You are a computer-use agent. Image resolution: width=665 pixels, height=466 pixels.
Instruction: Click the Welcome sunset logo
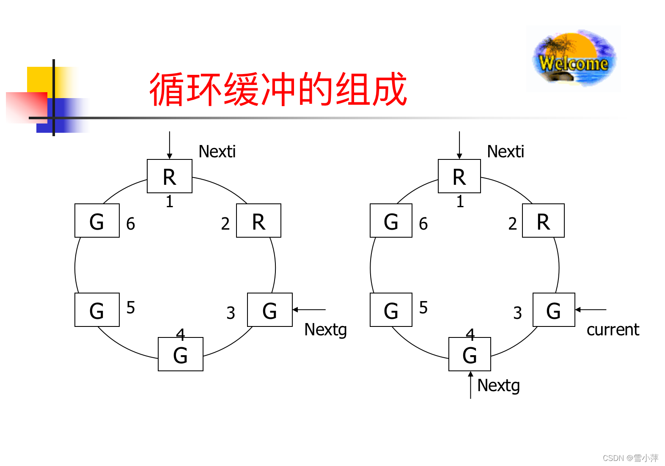pyautogui.click(x=574, y=58)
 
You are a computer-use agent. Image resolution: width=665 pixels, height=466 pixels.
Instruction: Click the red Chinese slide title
pyautogui.click(x=278, y=89)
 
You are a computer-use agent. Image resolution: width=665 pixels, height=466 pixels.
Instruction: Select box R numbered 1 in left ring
pyautogui.click(x=169, y=176)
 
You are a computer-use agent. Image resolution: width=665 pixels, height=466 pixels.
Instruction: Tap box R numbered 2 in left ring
pyautogui.click(x=258, y=221)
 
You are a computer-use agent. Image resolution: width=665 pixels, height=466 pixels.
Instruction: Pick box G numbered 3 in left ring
pyautogui.click(x=269, y=310)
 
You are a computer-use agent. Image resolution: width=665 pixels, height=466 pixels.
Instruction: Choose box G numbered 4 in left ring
pyautogui.click(x=180, y=354)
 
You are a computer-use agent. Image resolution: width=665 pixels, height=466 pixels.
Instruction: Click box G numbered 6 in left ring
pyautogui.click(x=97, y=221)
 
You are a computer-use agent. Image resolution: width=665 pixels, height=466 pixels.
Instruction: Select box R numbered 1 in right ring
pyautogui.click(x=459, y=176)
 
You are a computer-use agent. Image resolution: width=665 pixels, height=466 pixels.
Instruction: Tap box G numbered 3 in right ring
pyautogui.click(x=553, y=310)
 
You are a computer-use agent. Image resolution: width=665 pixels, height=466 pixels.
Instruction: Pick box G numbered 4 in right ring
pyautogui.click(x=470, y=354)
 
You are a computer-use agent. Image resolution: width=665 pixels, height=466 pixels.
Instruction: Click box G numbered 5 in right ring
pyautogui.click(x=391, y=310)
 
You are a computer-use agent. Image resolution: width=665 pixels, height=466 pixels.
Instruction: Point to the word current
pyautogui.click(x=613, y=330)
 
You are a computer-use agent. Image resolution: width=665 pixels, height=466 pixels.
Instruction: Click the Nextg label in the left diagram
pyautogui.click(x=325, y=330)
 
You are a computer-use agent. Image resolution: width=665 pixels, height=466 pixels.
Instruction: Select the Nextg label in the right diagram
pyautogui.click(x=498, y=386)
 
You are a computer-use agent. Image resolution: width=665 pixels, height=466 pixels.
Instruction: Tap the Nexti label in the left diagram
pyautogui.click(x=217, y=151)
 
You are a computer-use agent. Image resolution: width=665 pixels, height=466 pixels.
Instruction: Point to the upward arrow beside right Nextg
pyautogui.click(x=470, y=385)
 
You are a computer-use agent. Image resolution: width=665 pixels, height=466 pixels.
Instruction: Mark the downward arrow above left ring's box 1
pyautogui.click(x=169, y=145)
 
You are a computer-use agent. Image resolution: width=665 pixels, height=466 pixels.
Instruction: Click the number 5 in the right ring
pyautogui.click(x=423, y=308)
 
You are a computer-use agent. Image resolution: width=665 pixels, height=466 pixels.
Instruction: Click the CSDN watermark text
pyautogui.click(x=630, y=458)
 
